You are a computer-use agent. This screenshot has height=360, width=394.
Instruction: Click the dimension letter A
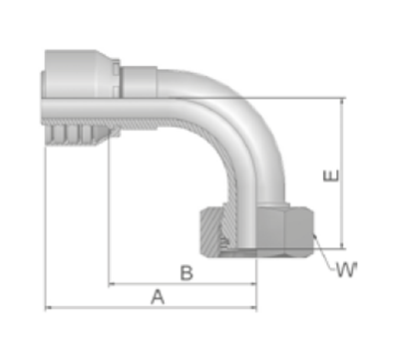click(x=158, y=296)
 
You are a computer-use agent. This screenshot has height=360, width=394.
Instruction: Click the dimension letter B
click(x=187, y=273)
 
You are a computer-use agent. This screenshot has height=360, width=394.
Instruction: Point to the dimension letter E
click(x=331, y=176)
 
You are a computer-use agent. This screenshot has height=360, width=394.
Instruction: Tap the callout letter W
click(x=346, y=269)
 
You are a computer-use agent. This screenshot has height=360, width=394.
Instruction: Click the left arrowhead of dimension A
click(x=49, y=308)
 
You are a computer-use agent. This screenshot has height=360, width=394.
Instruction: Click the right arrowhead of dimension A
click(x=253, y=308)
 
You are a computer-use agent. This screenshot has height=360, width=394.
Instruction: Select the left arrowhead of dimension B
click(x=113, y=284)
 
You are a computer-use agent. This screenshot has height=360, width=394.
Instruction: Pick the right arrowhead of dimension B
click(x=253, y=284)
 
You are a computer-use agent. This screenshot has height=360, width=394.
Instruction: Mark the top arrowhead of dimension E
click(x=342, y=102)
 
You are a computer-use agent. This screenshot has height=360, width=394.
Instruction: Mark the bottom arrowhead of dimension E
click(x=342, y=244)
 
